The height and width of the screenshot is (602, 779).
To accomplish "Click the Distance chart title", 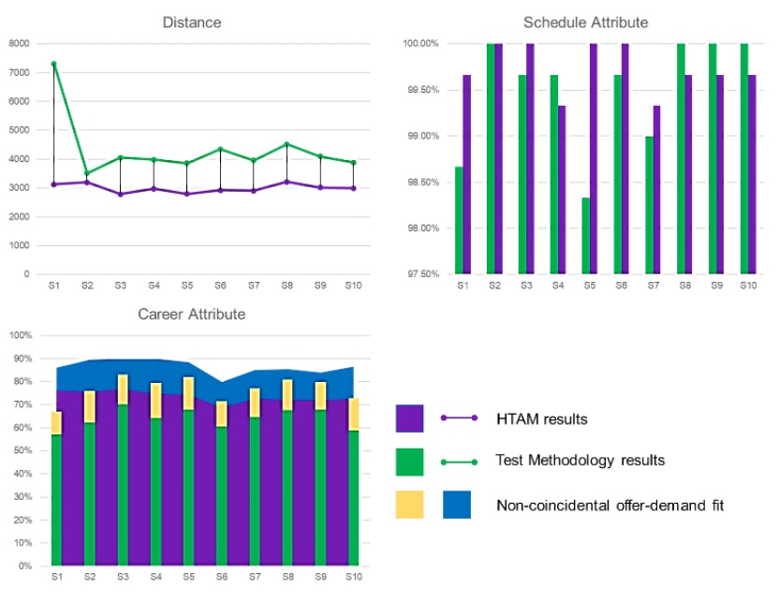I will pos(192,22).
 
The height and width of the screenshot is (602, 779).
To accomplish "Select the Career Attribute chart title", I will pos(192,314).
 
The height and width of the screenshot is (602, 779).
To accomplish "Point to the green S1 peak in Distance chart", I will pos(53,64).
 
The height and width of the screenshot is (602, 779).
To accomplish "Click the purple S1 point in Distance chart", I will pos(53,184).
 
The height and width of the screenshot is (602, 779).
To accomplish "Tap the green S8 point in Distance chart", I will pos(287,144).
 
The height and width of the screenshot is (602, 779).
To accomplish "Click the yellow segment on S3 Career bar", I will pos(123,389).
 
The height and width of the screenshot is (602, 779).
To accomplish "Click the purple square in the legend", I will pos(409,418).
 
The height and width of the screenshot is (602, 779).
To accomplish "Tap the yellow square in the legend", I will pos(409,505).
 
